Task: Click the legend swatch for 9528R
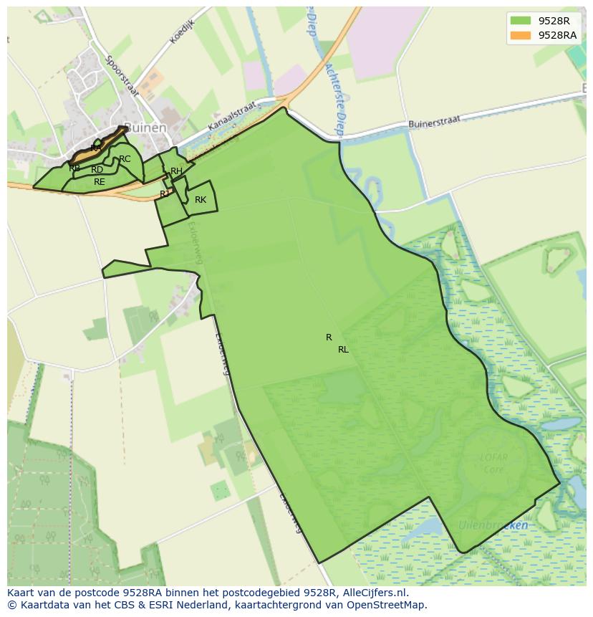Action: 521,21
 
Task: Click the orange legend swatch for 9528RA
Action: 521,35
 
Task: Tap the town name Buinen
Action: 145,128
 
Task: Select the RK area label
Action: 201,200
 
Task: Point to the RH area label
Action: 176,171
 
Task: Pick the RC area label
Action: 125,159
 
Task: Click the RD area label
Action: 97,170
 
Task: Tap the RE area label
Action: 100,182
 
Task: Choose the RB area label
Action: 74,168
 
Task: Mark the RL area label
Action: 343,350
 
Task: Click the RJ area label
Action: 165,193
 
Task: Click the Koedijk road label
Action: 183,32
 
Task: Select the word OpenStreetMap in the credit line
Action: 389,605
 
